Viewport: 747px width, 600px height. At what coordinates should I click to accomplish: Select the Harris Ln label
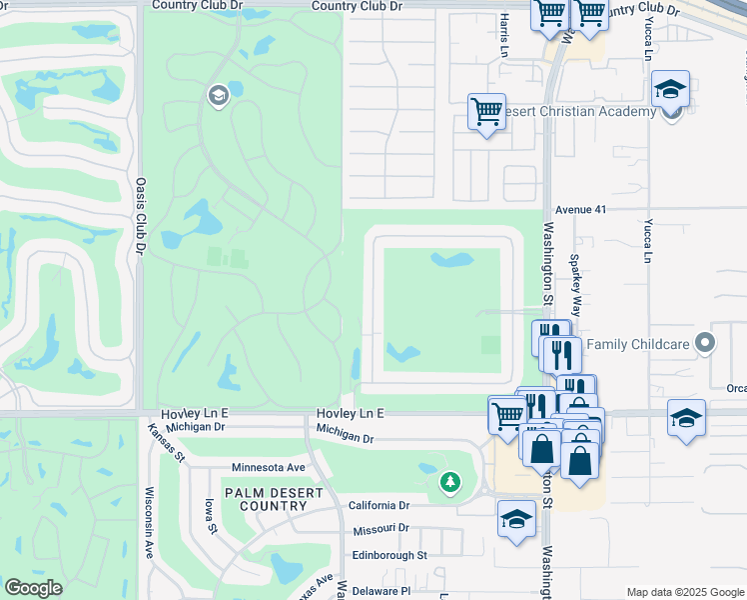pyautogui.click(x=505, y=34)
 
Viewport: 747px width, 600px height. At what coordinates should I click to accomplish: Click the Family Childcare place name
pyautogui.click(x=638, y=345)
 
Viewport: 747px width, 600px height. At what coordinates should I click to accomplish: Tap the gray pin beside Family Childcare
pyautogui.click(x=706, y=344)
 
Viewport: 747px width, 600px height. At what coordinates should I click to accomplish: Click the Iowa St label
pyautogui.click(x=209, y=515)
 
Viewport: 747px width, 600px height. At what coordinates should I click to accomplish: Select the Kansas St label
pyautogui.click(x=167, y=441)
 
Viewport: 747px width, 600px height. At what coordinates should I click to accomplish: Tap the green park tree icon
pyautogui.click(x=450, y=484)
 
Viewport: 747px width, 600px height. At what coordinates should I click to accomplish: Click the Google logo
pyautogui.click(x=33, y=588)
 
